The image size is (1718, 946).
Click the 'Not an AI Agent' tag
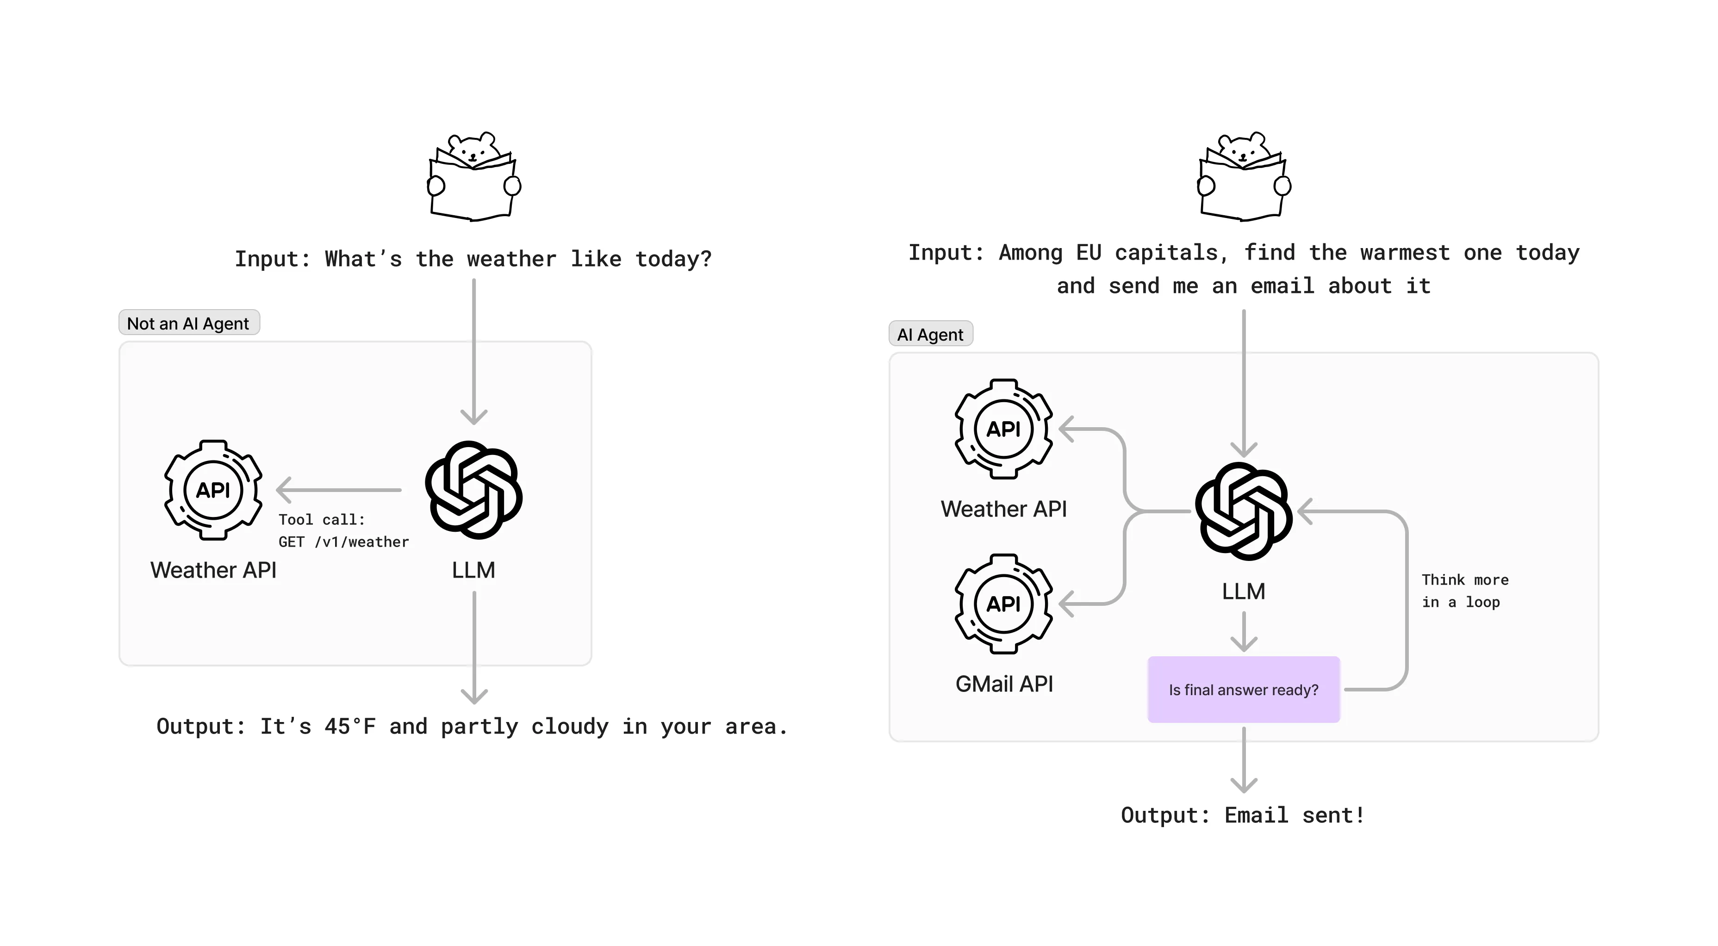189,324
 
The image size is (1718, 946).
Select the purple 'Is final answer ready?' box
1243,690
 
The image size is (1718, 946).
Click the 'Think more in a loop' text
1464,591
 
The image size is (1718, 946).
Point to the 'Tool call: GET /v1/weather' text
343,531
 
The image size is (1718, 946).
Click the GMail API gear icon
1004,604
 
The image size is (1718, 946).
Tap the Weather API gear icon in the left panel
213,490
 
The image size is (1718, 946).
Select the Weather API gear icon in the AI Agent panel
1004,429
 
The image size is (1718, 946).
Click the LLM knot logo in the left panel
473,490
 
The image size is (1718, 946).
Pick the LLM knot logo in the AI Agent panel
1244,511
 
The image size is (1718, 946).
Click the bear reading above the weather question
473,176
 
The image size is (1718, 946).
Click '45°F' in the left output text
350,727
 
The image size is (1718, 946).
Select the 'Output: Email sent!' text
1243,815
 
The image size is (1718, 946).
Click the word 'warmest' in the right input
1405,253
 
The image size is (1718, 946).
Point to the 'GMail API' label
1004,684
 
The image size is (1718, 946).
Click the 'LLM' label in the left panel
473,570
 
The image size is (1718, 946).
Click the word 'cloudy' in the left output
570,727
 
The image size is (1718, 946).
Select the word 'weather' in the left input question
511,259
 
